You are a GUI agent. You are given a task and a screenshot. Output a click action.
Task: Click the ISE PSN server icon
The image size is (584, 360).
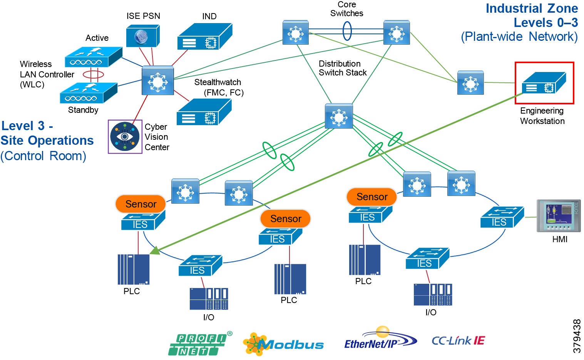[x=142, y=36]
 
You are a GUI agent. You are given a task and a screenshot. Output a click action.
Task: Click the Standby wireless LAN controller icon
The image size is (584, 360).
[x=88, y=94]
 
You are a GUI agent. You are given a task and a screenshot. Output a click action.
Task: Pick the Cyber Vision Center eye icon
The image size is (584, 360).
[x=125, y=137]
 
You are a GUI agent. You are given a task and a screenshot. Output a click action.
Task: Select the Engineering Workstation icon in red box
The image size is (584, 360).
[x=544, y=83]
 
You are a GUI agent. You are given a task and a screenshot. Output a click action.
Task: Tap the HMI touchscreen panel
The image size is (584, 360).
[x=558, y=216]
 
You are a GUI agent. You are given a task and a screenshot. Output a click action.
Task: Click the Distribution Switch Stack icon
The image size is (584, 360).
[x=339, y=116]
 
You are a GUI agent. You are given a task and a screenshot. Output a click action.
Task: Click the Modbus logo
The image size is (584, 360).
[x=283, y=344]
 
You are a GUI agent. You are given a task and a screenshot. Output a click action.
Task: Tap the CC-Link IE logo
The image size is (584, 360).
[x=458, y=341]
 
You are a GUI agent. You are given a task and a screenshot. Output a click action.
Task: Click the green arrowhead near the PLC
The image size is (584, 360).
[x=155, y=250]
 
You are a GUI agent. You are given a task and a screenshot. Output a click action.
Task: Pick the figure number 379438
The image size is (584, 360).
[x=576, y=336]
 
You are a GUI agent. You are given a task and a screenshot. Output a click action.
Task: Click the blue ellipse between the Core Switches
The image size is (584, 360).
[x=347, y=31]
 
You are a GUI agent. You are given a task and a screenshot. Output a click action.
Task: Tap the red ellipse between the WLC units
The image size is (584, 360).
[x=93, y=74]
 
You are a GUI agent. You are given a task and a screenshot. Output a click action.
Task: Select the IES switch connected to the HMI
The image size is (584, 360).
[x=502, y=218]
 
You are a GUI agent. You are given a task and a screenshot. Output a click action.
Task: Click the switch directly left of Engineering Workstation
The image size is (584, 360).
[x=470, y=82]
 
